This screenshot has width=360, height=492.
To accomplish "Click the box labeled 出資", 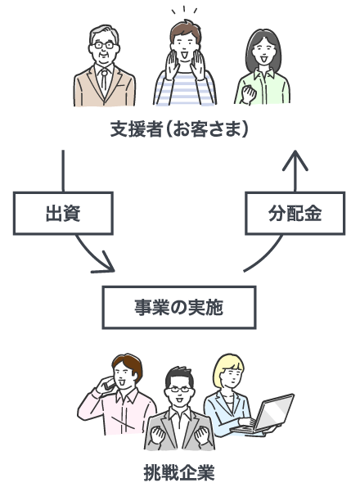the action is click(63, 214).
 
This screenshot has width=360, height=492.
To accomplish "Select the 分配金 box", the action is click(295, 214).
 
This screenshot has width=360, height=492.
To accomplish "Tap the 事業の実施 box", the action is click(179, 308).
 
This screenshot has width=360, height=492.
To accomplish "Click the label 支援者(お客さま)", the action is click(179, 129).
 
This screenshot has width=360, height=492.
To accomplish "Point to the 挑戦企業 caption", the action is click(179, 472).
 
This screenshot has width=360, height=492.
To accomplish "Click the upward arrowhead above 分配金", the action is click(295, 160).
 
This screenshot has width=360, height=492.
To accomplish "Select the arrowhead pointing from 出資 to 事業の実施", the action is click(105, 264).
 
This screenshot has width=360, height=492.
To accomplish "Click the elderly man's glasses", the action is click(104, 45).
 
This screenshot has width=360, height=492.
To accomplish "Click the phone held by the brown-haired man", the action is click(110, 384).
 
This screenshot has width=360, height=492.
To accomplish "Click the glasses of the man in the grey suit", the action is click(180, 390).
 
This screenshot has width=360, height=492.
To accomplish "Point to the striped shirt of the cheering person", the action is click(185, 88).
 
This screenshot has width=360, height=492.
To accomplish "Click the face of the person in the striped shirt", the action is click(184, 47).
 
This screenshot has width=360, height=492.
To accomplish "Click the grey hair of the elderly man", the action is click(104, 34).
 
